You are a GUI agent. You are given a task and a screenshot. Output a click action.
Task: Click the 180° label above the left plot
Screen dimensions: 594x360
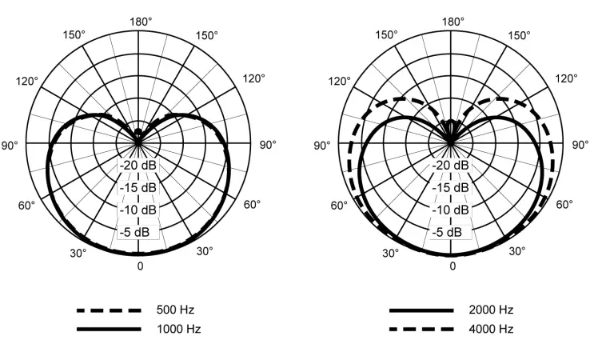[141, 22]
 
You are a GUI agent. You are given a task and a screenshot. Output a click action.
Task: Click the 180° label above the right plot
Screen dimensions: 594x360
[453, 22]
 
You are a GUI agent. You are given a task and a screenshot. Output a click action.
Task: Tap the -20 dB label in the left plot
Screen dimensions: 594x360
[138, 166]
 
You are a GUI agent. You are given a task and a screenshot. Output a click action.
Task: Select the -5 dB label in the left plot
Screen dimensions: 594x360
[135, 232]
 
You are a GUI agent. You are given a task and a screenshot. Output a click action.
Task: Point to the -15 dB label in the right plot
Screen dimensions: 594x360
[450, 187]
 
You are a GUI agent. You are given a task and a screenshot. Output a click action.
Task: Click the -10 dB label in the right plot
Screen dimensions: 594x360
[450, 210]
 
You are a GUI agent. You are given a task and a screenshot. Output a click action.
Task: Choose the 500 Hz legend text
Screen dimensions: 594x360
[175, 310]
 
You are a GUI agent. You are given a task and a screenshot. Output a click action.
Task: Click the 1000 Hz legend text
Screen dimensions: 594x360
[179, 329]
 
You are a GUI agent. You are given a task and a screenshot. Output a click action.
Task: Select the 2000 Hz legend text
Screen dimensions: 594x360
[491, 310]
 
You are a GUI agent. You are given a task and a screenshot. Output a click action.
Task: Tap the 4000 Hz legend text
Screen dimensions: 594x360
[491, 329]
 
